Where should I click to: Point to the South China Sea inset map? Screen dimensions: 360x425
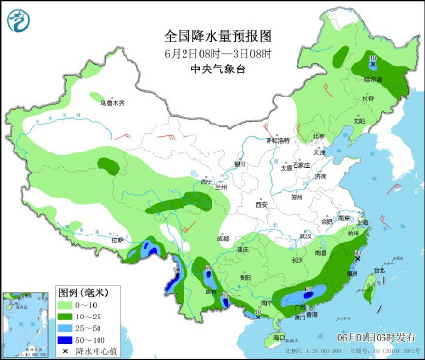click(x=26, y=322)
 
